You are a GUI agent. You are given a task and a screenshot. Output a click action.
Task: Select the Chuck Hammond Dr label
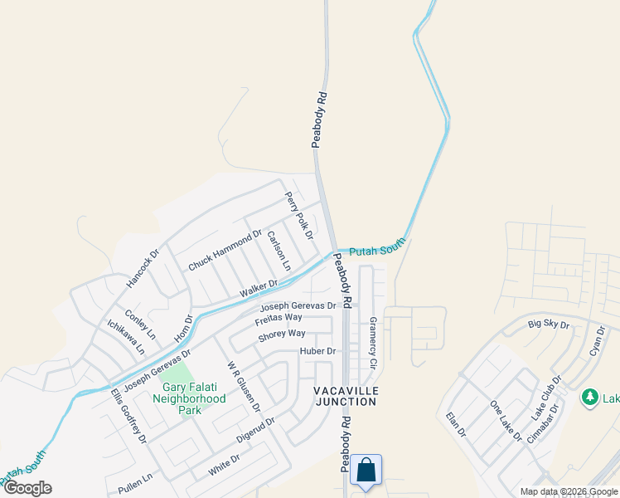click(225, 251)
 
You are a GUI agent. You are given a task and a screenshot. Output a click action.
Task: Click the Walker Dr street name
click(259, 290)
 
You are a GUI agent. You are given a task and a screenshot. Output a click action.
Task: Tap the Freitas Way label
click(279, 318)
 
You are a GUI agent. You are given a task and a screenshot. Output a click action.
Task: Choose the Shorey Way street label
click(282, 334)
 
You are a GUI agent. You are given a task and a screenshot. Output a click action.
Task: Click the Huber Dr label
click(317, 351)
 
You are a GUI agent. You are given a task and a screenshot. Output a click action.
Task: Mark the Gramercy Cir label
click(373, 343)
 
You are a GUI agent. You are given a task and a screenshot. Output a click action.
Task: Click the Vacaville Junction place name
click(345, 396)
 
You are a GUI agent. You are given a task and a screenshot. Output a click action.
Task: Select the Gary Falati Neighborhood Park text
click(182, 398)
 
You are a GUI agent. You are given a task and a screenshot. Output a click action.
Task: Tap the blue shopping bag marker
click(366, 471)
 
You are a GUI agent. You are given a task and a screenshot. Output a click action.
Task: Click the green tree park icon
click(590, 397)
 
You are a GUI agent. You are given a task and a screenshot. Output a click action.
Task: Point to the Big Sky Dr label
click(549, 325)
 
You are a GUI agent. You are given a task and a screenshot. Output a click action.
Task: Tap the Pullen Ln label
click(136, 479)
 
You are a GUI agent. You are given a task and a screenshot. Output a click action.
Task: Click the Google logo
click(27, 488)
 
